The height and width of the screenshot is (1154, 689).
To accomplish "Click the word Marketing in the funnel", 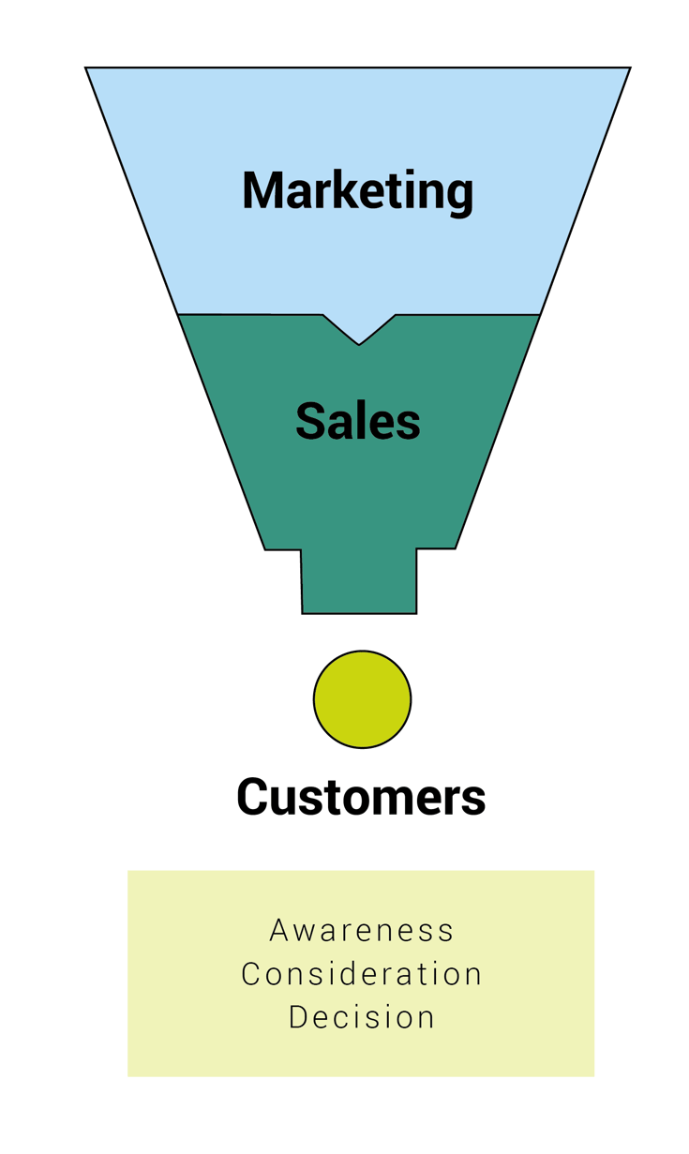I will [357, 190].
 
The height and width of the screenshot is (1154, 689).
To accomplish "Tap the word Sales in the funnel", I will [357, 421].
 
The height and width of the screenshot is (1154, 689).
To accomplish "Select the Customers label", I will [361, 797].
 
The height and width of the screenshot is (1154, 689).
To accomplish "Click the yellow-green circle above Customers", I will [362, 699].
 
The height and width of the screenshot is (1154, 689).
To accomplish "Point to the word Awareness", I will [361, 931].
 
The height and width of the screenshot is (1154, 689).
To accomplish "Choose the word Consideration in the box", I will [361, 974].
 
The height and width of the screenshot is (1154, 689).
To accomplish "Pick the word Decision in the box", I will [361, 1017].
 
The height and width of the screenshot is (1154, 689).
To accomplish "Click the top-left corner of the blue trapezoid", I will [86, 68].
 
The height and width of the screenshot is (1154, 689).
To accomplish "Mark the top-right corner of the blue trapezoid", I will [629, 68].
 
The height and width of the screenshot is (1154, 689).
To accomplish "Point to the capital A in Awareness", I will [278, 931].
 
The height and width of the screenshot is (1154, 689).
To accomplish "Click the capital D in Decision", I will [298, 1017].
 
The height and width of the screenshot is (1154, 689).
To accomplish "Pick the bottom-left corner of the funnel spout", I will [302, 613].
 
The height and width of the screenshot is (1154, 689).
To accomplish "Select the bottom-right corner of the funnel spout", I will [416, 613].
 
